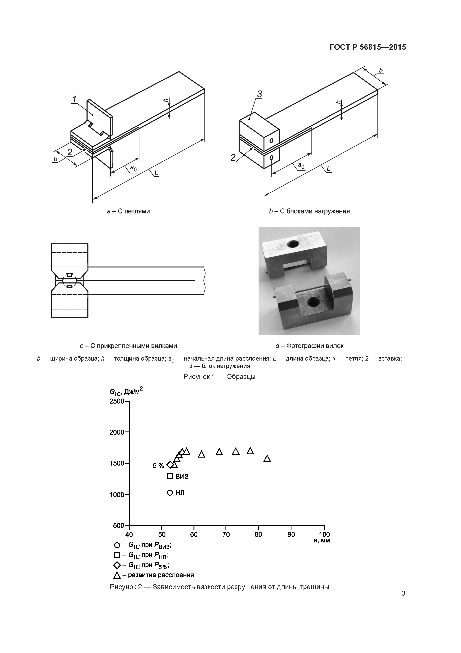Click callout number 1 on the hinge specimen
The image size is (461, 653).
pyautogui.click(x=74, y=100)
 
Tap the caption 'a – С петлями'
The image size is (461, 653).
pyautogui.click(x=128, y=211)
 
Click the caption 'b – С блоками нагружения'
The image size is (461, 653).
pyautogui.click(x=309, y=211)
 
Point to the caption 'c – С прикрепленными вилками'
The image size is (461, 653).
pyautogui.click(x=128, y=346)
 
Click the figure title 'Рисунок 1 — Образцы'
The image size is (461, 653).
pyautogui.click(x=219, y=377)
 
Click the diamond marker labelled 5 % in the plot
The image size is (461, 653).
pyautogui.click(x=170, y=465)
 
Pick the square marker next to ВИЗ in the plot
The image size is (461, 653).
pyautogui.click(x=170, y=476)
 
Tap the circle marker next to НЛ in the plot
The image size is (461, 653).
pyautogui.click(x=170, y=493)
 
